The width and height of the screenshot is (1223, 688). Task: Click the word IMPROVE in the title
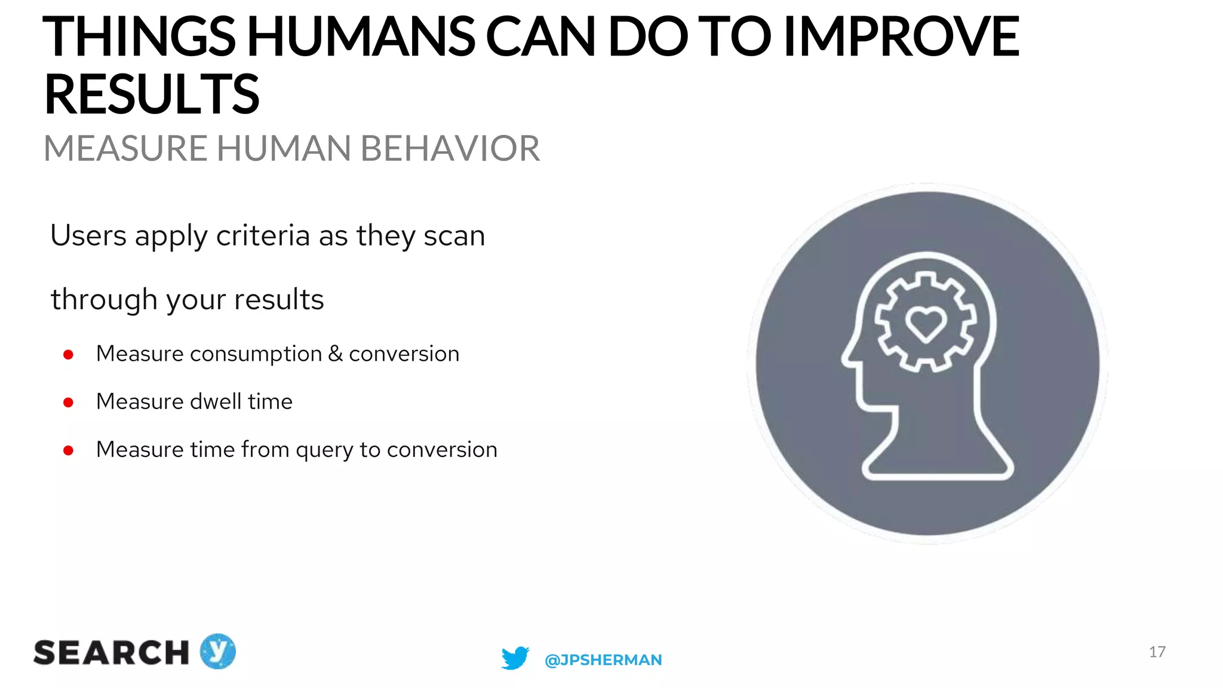click(901, 37)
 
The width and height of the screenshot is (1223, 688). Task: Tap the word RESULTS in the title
click(152, 94)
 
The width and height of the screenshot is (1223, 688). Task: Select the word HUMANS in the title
click(361, 37)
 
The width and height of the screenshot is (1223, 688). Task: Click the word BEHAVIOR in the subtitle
click(450, 149)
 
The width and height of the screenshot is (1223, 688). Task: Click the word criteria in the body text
click(263, 236)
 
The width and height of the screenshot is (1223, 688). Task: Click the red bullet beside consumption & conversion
click(68, 355)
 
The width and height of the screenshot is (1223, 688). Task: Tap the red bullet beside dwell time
click(68, 403)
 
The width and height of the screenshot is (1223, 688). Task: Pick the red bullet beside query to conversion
click(68, 450)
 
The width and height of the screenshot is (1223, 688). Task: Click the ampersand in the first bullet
click(336, 354)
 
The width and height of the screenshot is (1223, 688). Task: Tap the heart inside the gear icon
click(926, 323)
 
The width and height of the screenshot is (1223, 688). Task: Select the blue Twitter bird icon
click(515, 658)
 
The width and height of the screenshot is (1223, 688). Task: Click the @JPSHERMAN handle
click(603, 660)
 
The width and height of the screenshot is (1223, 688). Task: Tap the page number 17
click(1157, 652)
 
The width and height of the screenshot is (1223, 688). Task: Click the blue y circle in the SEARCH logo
click(217, 651)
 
